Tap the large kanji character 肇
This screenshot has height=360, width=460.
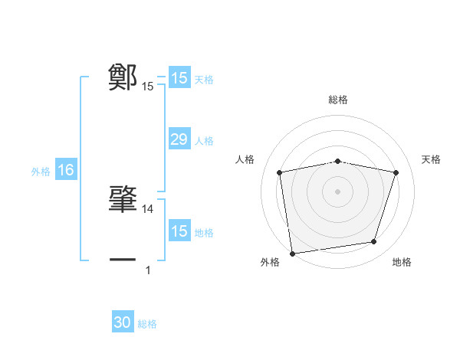point(123,198)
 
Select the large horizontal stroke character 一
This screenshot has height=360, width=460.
point(123,260)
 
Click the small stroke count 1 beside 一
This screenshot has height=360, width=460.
point(148,270)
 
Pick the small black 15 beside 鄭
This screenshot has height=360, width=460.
point(148,87)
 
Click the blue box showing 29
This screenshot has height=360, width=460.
point(179,139)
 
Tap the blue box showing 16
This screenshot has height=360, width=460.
point(66,170)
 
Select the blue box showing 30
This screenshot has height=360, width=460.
point(123,322)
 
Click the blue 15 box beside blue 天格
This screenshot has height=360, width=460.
point(179,78)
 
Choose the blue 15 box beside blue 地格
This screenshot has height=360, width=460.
point(179,231)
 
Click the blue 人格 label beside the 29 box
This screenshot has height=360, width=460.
point(204,141)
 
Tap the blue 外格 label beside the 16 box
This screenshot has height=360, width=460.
point(41,172)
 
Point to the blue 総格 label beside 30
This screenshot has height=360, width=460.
point(147,324)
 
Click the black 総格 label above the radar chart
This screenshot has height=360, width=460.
point(338,100)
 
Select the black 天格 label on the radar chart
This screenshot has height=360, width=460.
point(432,159)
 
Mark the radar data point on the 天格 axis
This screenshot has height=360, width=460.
point(396,172)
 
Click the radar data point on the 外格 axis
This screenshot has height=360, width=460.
point(292,252)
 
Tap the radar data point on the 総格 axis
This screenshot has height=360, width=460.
point(338,161)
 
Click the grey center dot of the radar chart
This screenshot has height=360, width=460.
point(338,191)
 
